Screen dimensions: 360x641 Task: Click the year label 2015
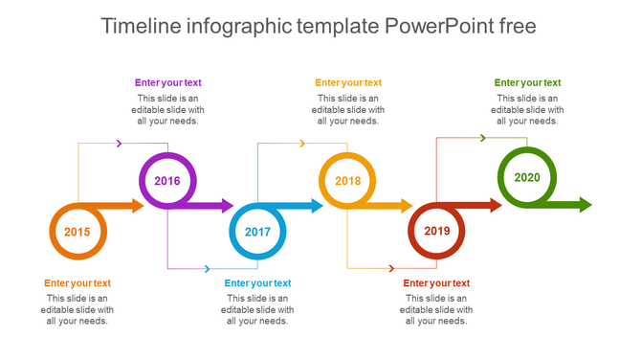(x=77, y=233)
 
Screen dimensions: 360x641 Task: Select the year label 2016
(x=167, y=181)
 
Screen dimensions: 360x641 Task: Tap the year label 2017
(x=257, y=233)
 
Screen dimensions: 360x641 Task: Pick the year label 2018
(x=347, y=181)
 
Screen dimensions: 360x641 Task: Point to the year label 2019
(x=436, y=231)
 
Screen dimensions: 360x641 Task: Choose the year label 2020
(x=526, y=177)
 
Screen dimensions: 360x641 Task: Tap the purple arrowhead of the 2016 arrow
(x=226, y=206)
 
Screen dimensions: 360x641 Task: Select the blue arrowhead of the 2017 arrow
(x=316, y=206)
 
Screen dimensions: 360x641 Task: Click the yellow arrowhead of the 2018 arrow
(x=406, y=206)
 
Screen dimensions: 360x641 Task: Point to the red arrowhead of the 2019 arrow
(x=495, y=205)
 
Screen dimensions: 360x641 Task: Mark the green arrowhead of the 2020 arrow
(x=585, y=205)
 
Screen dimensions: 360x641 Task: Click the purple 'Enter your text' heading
(x=167, y=83)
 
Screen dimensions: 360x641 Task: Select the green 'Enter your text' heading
(x=527, y=83)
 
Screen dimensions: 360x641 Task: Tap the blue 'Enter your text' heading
(x=257, y=283)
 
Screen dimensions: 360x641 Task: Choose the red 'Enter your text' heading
(x=436, y=283)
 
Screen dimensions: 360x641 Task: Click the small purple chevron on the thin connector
(x=119, y=144)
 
